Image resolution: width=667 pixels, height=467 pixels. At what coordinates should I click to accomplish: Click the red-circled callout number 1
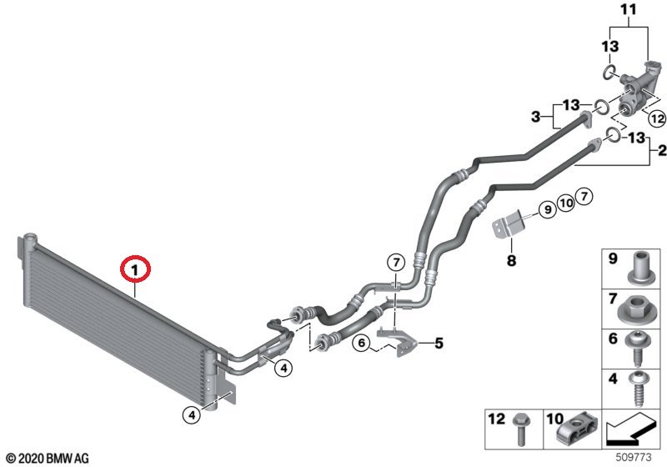point(134,269)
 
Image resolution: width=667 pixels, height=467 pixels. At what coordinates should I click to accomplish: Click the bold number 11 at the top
point(627,10)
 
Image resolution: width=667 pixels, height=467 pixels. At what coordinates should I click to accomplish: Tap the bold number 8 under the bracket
point(511,261)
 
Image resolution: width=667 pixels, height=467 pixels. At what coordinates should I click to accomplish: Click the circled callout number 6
point(363,342)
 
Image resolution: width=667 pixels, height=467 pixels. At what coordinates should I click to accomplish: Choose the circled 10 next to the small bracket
point(566,202)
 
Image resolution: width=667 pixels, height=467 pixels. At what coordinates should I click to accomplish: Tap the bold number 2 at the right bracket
point(662,152)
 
